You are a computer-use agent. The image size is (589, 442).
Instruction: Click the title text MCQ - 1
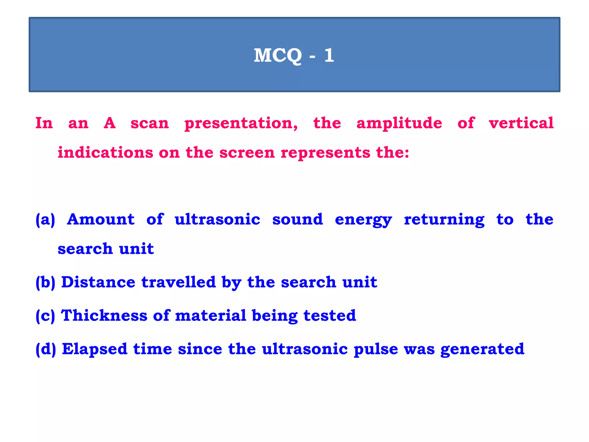click(x=294, y=55)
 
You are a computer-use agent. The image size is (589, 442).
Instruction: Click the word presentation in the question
click(x=241, y=123)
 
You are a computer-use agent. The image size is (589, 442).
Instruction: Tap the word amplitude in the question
click(x=399, y=123)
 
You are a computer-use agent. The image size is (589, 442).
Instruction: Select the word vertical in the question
click(x=521, y=123)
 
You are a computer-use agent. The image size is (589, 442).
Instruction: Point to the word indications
click(x=105, y=152)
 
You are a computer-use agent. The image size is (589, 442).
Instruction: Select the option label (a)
click(x=45, y=220)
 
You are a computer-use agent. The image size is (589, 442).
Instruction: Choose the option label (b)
click(x=45, y=282)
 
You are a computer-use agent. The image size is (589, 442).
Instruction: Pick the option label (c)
click(x=45, y=316)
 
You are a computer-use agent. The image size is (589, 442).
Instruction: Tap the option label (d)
click(x=45, y=349)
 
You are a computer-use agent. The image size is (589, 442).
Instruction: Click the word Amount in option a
click(x=101, y=219)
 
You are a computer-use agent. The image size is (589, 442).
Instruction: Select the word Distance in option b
click(x=98, y=282)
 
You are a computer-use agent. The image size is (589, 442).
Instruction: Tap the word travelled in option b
click(x=178, y=282)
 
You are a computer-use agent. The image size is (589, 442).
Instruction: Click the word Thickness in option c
click(x=104, y=315)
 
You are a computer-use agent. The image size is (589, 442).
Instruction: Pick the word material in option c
click(x=211, y=315)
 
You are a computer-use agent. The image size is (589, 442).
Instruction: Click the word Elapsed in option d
click(x=95, y=349)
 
